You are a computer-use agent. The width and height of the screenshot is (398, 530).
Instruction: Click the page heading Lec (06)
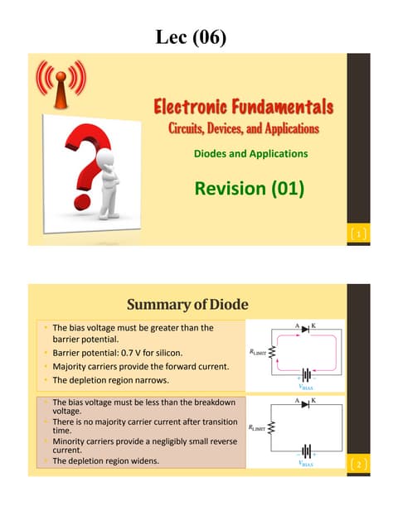(198, 36)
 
